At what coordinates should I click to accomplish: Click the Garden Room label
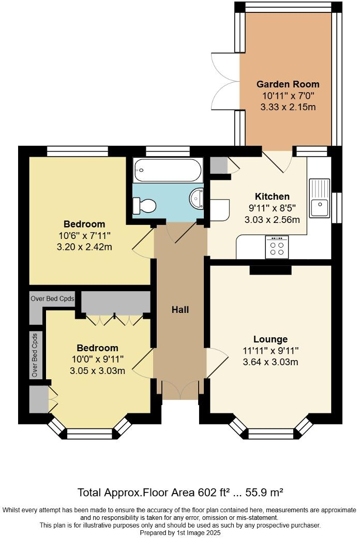pyautogui.click(x=288, y=84)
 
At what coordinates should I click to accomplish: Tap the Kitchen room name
pyautogui.click(x=272, y=196)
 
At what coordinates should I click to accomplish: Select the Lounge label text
pyautogui.click(x=271, y=339)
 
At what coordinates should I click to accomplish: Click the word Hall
pyautogui.click(x=180, y=309)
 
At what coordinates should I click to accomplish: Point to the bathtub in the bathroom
pyautogui.click(x=167, y=169)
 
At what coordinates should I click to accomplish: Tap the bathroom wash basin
pyautogui.click(x=198, y=198)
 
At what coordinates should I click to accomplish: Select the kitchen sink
pyautogui.click(x=320, y=198)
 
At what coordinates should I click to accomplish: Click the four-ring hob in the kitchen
pyautogui.click(x=277, y=247)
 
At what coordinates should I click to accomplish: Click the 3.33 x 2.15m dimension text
pyautogui.click(x=288, y=107)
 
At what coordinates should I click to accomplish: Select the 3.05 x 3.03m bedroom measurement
pyautogui.click(x=98, y=371)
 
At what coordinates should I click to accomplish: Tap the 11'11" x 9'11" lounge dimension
pyautogui.click(x=271, y=351)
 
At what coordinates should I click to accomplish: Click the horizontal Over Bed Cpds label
pyautogui.click(x=52, y=298)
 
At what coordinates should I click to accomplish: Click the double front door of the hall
pyautogui.click(x=180, y=389)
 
